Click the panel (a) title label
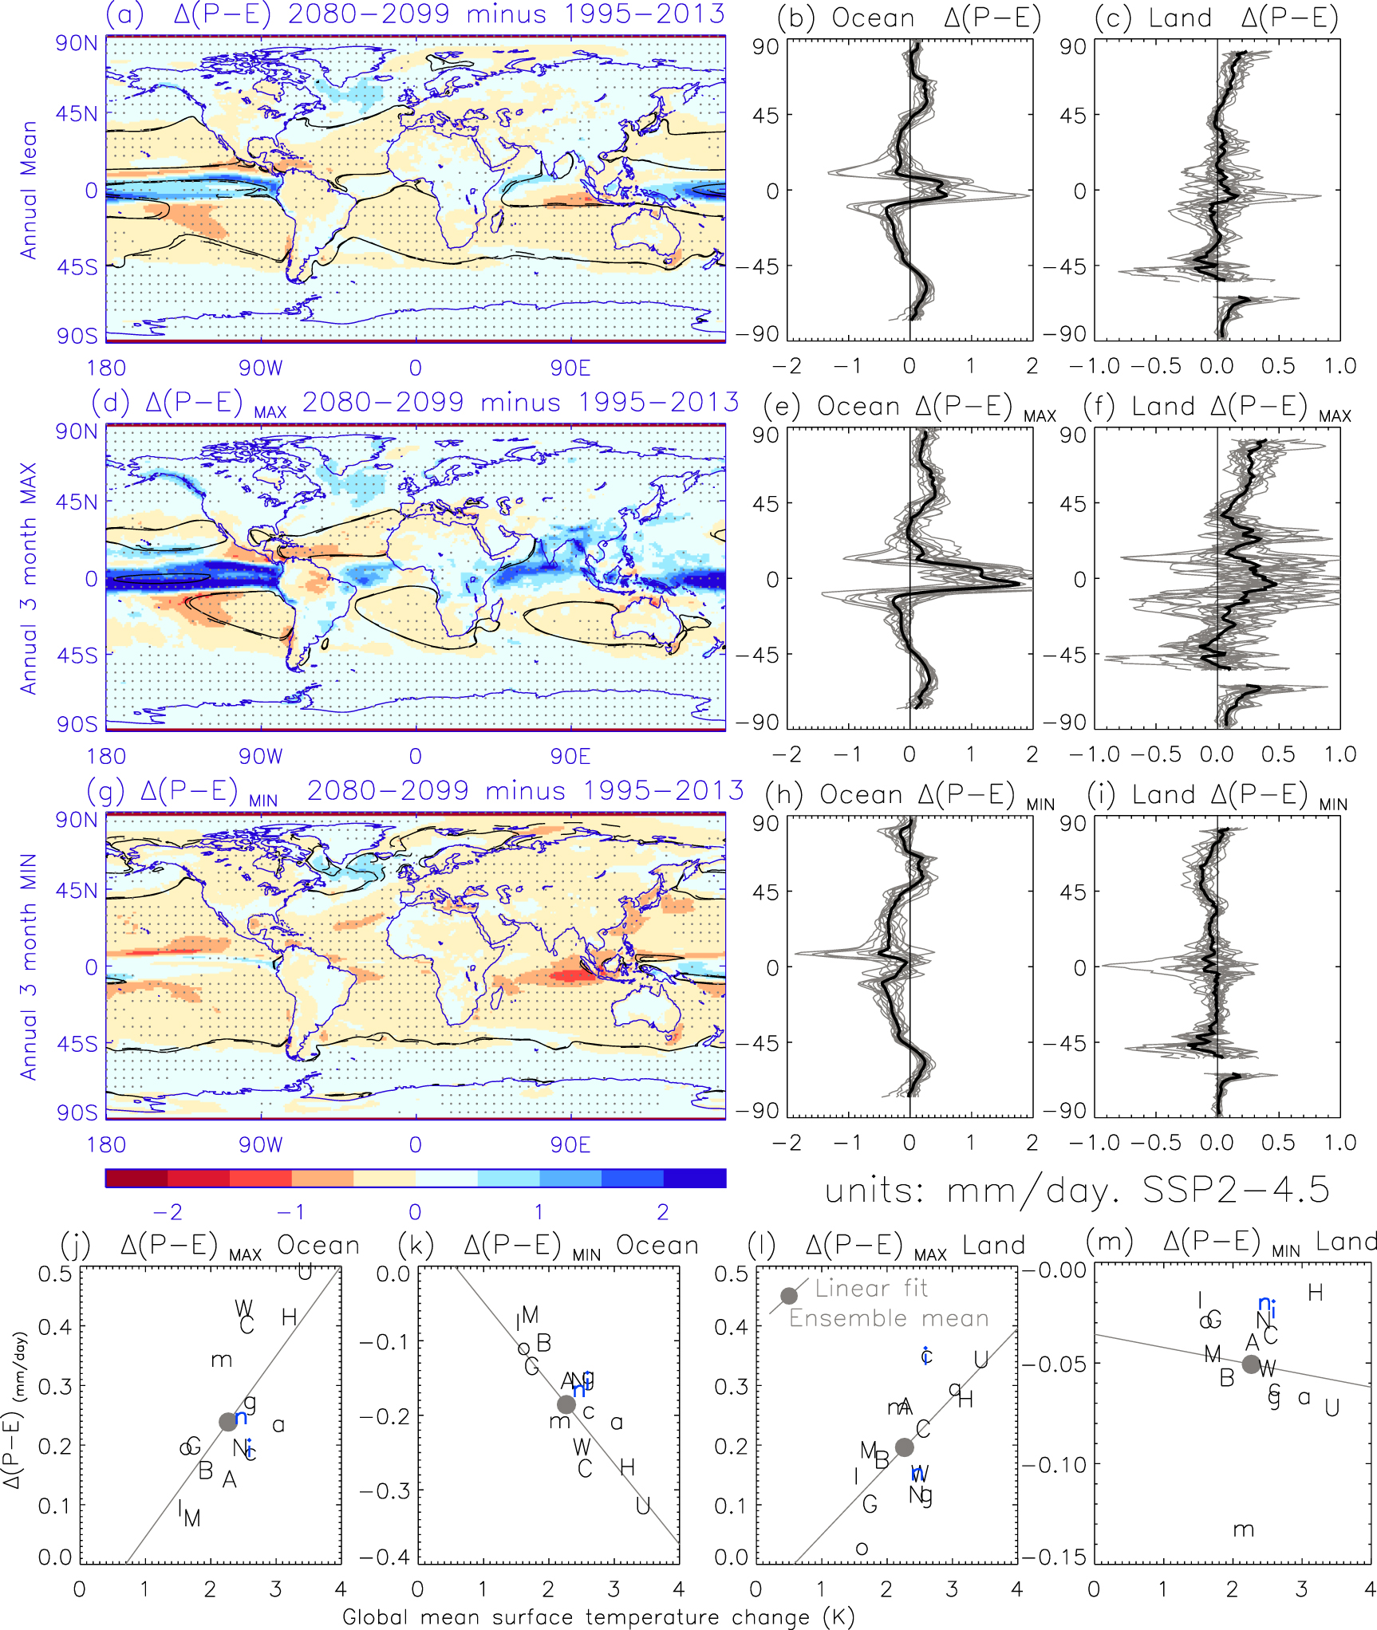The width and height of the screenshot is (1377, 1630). [415, 14]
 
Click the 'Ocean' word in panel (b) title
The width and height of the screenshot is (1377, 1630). [873, 18]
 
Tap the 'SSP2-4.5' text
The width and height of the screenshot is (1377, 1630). [1236, 1191]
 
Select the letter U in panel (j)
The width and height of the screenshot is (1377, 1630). [305, 1272]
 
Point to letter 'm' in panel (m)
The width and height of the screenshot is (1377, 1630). [1243, 1530]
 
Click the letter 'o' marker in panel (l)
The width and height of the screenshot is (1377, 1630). [862, 1549]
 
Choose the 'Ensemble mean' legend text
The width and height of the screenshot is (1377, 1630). [889, 1319]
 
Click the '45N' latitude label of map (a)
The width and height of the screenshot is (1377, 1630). [77, 114]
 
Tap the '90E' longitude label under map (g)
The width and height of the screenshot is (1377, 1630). [570, 1145]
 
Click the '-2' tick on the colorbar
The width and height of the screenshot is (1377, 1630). [168, 1213]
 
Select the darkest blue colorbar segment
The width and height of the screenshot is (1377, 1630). [694, 1178]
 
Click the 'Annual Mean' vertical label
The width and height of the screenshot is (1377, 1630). [29, 190]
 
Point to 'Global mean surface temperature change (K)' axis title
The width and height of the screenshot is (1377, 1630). [598, 1617]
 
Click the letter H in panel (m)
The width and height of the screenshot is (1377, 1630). [1316, 1293]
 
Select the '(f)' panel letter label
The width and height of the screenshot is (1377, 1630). [1099, 407]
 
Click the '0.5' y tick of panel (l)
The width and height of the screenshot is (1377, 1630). [731, 1274]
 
